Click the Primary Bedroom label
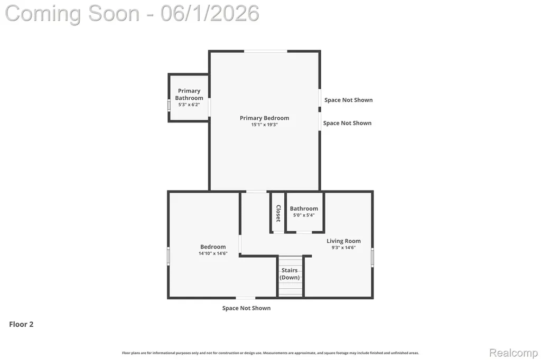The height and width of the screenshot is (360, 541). coord(264,118)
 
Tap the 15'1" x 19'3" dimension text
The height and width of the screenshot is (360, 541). coord(264,125)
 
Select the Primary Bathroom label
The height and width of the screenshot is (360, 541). coord(189,94)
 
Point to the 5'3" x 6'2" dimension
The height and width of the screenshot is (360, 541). coord(189,105)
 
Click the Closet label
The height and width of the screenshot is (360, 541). coord(278,213)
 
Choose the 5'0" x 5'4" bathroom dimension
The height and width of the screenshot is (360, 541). coord(304,215)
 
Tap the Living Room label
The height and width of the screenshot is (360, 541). coord(343,241)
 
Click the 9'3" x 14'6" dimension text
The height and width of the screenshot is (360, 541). coord(343,248)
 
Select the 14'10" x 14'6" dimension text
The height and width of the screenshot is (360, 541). coord(213,253)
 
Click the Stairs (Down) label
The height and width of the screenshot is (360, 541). coord(290,274)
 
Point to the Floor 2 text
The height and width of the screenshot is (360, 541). coord(21,324)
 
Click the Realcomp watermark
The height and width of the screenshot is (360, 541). coord(514,353)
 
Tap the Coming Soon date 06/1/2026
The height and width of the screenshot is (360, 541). coord(210,14)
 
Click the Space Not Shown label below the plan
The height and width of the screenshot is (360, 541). coord(246,308)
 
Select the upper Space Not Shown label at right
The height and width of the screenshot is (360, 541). coord(349,100)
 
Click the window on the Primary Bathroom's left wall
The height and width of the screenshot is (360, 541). coord(169,105)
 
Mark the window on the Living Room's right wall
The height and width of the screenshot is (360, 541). coord(372,257)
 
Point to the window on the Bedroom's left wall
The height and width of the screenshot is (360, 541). coord(169,256)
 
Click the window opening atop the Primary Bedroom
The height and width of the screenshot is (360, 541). coord(266,51)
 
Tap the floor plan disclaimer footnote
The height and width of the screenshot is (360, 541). coord(270,353)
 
